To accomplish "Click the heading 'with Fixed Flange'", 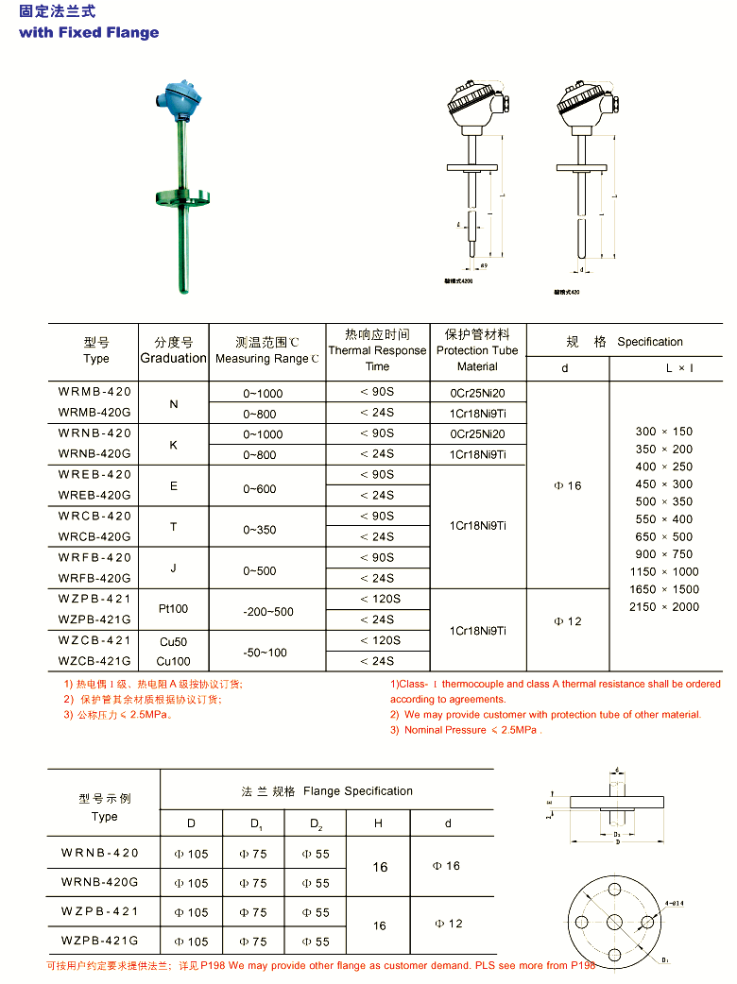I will [x=89, y=32].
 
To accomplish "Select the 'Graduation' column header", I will [x=173, y=358].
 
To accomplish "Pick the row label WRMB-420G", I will [x=95, y=412].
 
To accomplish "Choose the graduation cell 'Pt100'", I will [x=173, y=610].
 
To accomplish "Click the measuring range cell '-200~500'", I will [x=268, y=612].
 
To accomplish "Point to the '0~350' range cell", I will [x=260, y=529].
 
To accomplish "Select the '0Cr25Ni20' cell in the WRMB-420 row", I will [x=477, y=392].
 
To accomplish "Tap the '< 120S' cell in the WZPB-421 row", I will [x=380, y=599].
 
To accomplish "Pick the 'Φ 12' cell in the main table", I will [x=567, y=621].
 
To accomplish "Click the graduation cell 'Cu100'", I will [x=173, y=661].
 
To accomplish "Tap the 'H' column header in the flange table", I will [x=378, y=823].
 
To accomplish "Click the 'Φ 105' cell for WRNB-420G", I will [x=191, y=883].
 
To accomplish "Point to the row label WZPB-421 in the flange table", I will [x=100, y=911].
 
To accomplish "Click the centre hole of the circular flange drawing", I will [x=614, y=922].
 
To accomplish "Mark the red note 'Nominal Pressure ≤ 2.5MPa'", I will [x=473, y=730].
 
